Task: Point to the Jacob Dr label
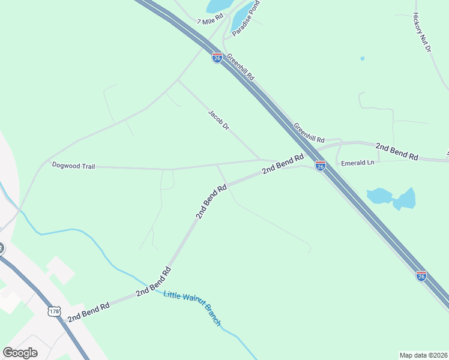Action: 219,119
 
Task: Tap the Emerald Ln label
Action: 357,163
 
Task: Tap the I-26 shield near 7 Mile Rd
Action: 217,58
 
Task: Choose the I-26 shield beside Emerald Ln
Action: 321,166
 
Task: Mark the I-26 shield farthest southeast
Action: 421,275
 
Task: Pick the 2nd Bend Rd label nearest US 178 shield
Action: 88,312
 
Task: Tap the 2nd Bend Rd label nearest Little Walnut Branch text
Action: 154,282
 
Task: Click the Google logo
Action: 20,353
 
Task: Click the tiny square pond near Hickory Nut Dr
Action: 362,58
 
